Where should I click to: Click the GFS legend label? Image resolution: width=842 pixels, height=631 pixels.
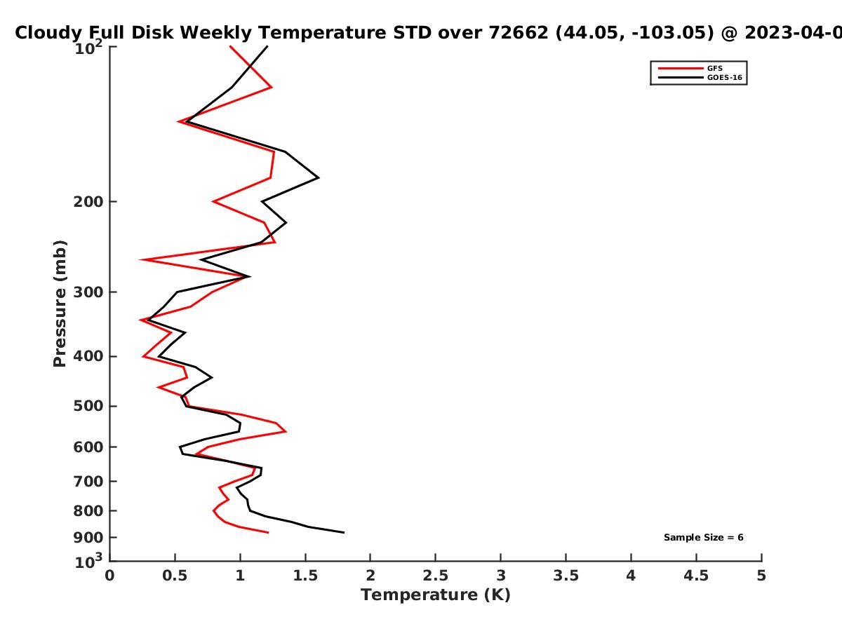(714, 68)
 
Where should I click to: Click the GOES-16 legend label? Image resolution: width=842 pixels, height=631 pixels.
(725, 77)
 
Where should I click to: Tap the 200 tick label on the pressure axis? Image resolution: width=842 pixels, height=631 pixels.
(88, 201)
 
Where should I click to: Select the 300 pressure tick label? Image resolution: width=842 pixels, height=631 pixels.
(88, 292)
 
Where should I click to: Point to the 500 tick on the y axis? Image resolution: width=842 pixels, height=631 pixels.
(88, 406)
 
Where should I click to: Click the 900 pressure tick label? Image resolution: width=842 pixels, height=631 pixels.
(88, 538)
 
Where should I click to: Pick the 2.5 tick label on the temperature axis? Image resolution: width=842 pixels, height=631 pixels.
(436, 576)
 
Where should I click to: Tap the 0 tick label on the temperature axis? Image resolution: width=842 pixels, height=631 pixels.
(109, 576)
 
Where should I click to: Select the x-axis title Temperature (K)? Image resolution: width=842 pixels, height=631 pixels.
(436, 595)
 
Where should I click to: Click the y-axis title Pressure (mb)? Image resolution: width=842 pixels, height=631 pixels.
(60, 304)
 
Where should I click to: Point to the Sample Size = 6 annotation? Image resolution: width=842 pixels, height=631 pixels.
(704, 538)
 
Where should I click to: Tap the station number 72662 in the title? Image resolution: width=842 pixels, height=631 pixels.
(519, 32)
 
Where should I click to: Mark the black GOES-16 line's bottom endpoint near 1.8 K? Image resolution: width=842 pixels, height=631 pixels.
(344, 532)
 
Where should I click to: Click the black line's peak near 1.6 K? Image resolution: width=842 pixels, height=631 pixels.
(319, 177)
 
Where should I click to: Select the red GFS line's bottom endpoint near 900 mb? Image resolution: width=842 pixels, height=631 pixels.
(268, 533)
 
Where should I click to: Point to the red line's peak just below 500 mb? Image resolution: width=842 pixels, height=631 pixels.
(286, 431)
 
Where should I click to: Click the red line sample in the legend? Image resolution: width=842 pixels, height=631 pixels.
(681, 68)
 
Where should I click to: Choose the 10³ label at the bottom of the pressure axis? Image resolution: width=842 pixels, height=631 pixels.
(88, 561)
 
